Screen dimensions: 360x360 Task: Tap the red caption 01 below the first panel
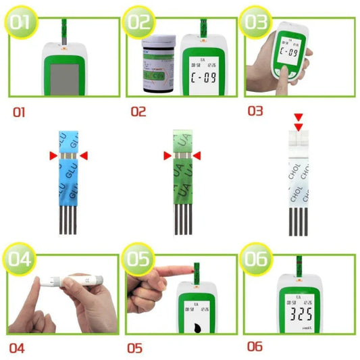pos(18,111)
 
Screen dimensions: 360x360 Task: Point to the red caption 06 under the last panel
pos(255,347)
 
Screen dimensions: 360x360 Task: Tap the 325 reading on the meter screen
pos(301,315)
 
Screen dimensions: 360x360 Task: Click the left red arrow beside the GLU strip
pos(51,157)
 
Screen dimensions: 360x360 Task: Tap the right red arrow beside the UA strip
pos(198,157)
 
